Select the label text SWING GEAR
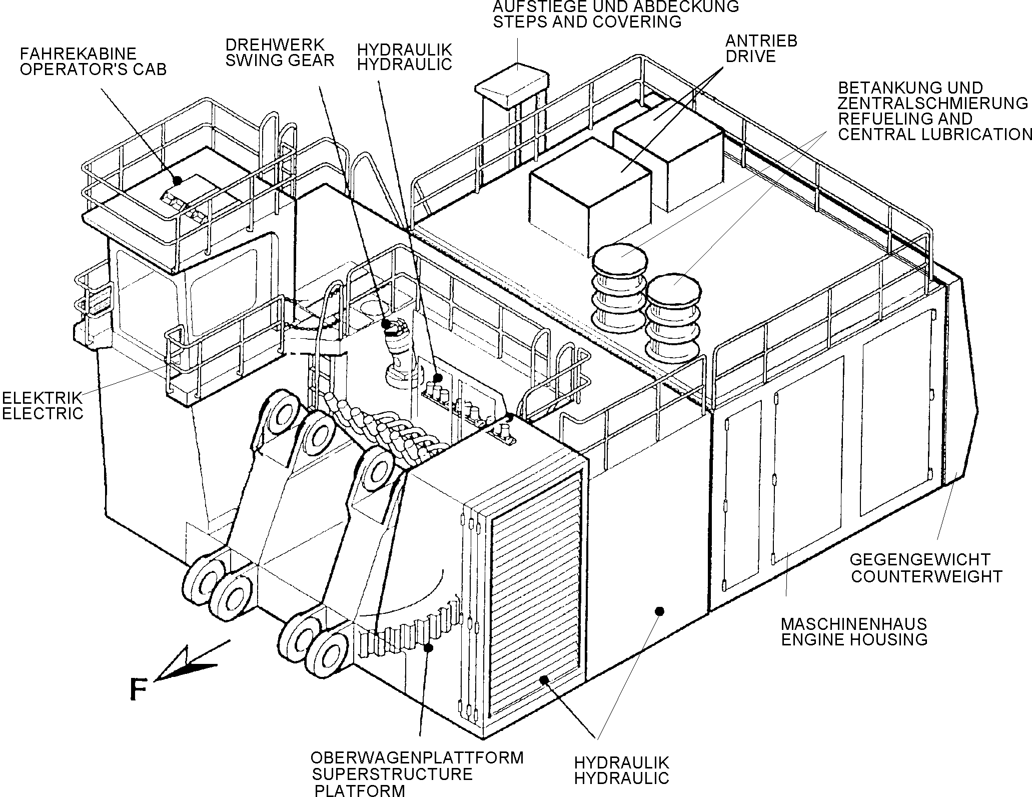click(280, 61)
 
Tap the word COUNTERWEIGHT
click(926, 576)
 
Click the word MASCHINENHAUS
click(854, 624)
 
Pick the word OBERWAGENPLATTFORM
click(417, 757)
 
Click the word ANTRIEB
click(761, 41)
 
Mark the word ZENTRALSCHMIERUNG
click(933, 103)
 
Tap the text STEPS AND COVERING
click(587, 22)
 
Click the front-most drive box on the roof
click(591, 196)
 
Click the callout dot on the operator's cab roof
click(177, 180)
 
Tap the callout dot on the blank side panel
click(659, 611)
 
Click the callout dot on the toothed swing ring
click(428, 648)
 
